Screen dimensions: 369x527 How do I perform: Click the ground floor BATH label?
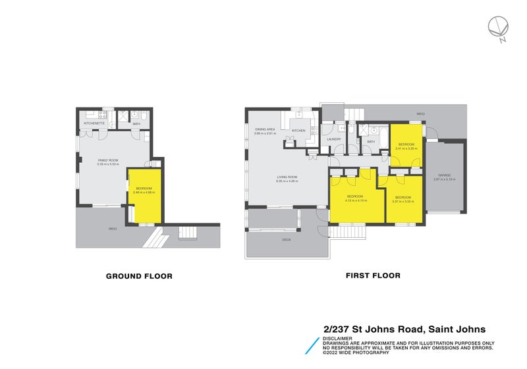[x=136, y=123]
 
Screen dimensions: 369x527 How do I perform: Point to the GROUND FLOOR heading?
[x=139, y=276]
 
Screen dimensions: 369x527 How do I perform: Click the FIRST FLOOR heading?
[x=373, y=276]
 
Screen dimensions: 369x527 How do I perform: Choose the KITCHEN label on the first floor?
[x=298, y=130]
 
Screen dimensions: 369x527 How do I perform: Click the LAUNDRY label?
[x=333, y=139]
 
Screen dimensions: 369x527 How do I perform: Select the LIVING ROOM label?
[x=287, y=177]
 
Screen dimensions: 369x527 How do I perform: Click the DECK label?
[x=286, y=240]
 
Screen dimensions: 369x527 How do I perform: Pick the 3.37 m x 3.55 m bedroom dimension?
[x=402, y=201]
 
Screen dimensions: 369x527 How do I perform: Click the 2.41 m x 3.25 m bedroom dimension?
[x=405, y=148]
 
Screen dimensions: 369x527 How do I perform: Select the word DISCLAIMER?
[x=337, y=338]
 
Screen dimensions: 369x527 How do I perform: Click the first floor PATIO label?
[x=420, y=114]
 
